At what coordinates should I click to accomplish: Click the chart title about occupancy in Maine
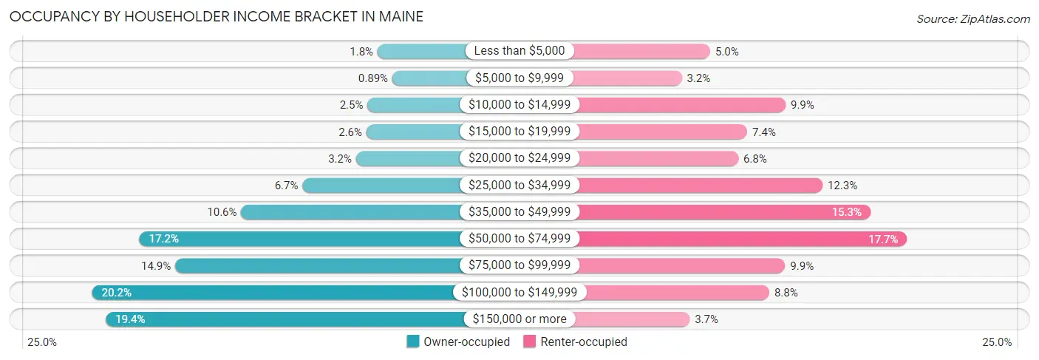click(217, 16)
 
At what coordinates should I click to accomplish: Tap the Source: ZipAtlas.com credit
click(972, 18)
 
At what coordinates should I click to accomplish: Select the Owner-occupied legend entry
click(458, 342)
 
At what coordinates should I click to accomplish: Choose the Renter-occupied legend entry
click(575, 342)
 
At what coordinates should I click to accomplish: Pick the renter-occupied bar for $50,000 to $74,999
click(739, 239)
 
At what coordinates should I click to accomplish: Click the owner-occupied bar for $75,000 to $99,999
click(318, 265)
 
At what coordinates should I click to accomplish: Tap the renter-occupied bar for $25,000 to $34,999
click(698, 186)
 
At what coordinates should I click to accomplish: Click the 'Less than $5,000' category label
click(519, 51)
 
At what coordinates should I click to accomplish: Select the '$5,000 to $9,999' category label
click(519, 78)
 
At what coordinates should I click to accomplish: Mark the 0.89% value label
click(372, 78)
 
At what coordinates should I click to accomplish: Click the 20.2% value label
click(116, 293)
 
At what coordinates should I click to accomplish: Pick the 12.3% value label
click(842, 186)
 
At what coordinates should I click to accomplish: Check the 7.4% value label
click(765, 132)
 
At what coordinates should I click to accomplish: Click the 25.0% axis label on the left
click(42, 342)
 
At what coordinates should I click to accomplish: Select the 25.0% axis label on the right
click(996, 342)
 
